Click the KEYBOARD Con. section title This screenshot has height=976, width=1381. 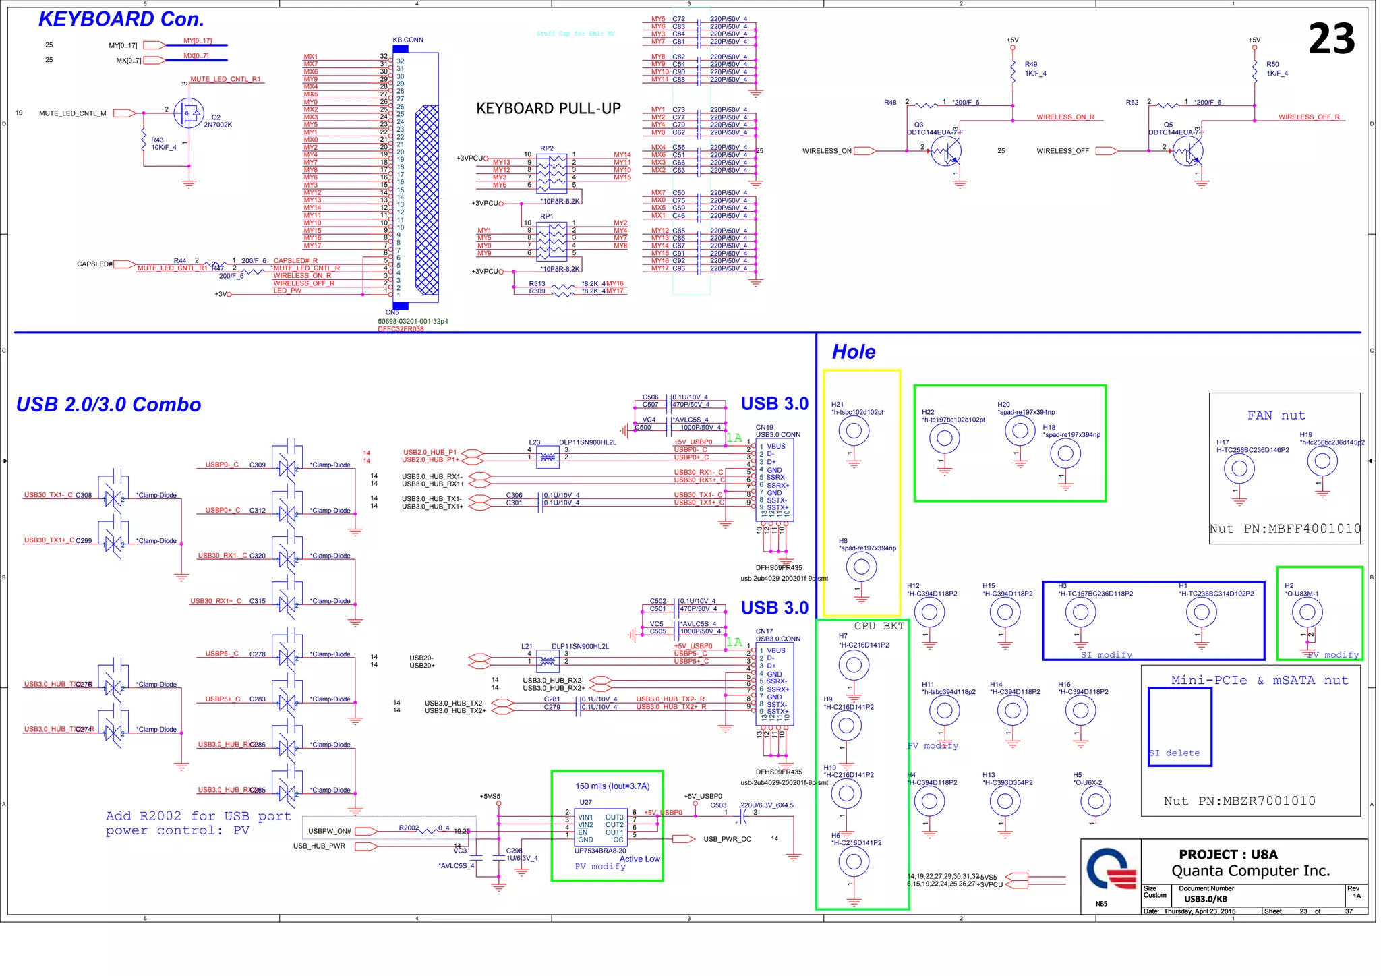pos(121,20)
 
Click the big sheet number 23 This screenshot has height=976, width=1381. pos(1331,39)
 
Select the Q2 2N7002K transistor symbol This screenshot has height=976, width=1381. pos(189,113)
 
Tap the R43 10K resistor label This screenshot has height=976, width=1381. pos(163,144)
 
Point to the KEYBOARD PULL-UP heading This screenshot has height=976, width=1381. pos(548,109)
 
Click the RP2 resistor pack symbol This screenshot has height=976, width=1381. pos(552,173)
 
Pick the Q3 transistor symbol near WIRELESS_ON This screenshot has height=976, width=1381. pos(945,152)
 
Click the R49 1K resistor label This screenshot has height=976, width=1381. pos(1035,69)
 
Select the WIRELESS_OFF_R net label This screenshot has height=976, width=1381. pos(1308,117)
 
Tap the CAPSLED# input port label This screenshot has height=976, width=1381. pos(94,264)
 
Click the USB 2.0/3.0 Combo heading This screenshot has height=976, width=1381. pos(109,405)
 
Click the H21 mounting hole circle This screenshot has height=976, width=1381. pos(854,431)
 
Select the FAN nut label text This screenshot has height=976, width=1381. pos(1276,415)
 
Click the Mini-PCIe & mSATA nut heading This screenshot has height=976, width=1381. pos(1259,681)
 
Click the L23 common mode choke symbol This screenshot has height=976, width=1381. pos(548,458)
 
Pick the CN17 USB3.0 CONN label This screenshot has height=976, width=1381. pos(777,635)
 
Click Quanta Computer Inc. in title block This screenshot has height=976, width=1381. pos(1250,871)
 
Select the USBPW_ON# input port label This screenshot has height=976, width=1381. pos(330,831)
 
